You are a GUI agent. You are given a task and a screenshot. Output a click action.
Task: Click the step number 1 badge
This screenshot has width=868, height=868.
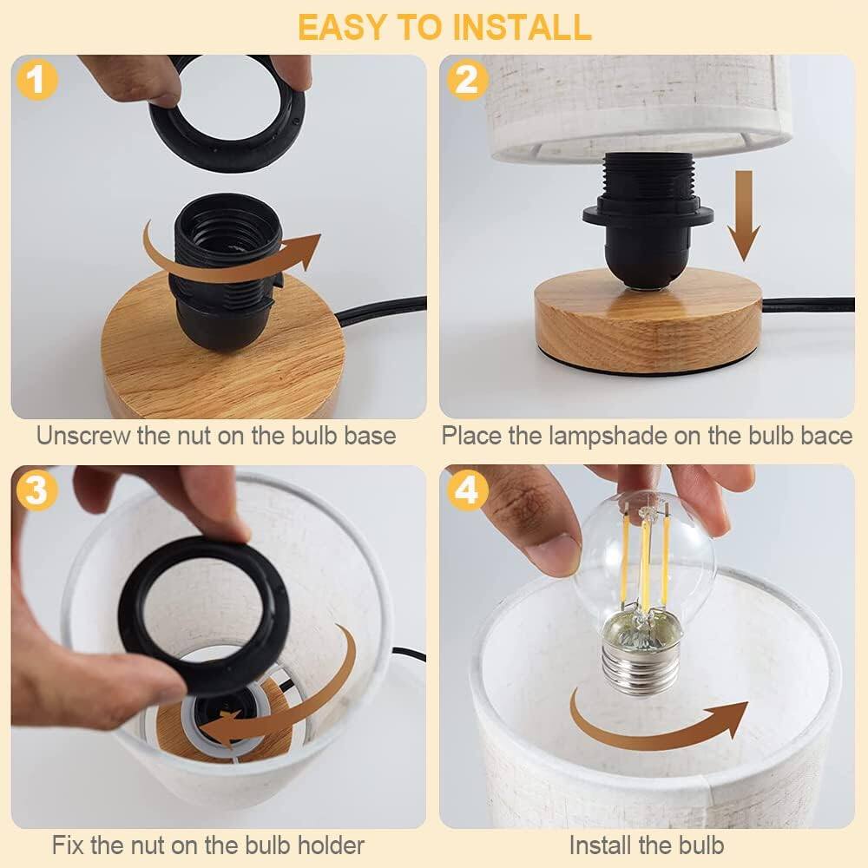coord(36,81)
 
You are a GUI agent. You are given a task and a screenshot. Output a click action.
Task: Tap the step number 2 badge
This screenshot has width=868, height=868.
coord(466,81)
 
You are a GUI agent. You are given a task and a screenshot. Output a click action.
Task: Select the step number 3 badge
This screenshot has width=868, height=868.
coord(36,491)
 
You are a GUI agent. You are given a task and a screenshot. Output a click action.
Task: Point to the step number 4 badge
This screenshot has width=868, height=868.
coord(466,491)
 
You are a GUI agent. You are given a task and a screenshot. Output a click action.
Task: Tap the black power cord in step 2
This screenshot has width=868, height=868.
coord(807,305)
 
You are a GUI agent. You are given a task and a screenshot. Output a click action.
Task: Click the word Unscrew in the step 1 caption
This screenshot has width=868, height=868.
coord(83,435)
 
